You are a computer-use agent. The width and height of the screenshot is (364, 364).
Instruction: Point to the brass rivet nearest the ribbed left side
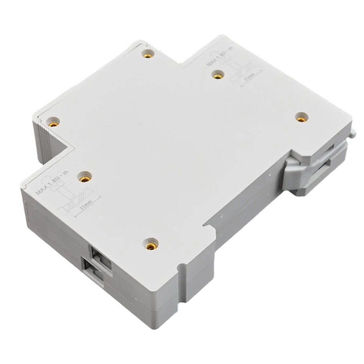coord(53,122)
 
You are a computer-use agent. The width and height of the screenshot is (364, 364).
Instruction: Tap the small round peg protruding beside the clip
coord(355,134)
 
